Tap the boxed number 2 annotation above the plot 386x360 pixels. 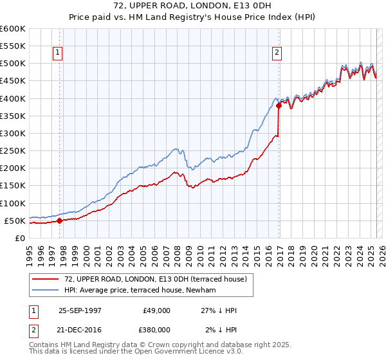pyautogui.click(x=277, y=53)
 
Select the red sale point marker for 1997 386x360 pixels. pyautogui.click(x=59, y=221)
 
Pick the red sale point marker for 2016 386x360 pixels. pyautogui.click(x=279, y=106)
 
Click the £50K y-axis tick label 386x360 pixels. pyautogui.click(x=15, y=221)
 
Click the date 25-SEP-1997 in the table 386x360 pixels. pyautogui.click(x=80, y=310)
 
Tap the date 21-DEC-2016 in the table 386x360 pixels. pyautogui.click(x=80, y=328)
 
